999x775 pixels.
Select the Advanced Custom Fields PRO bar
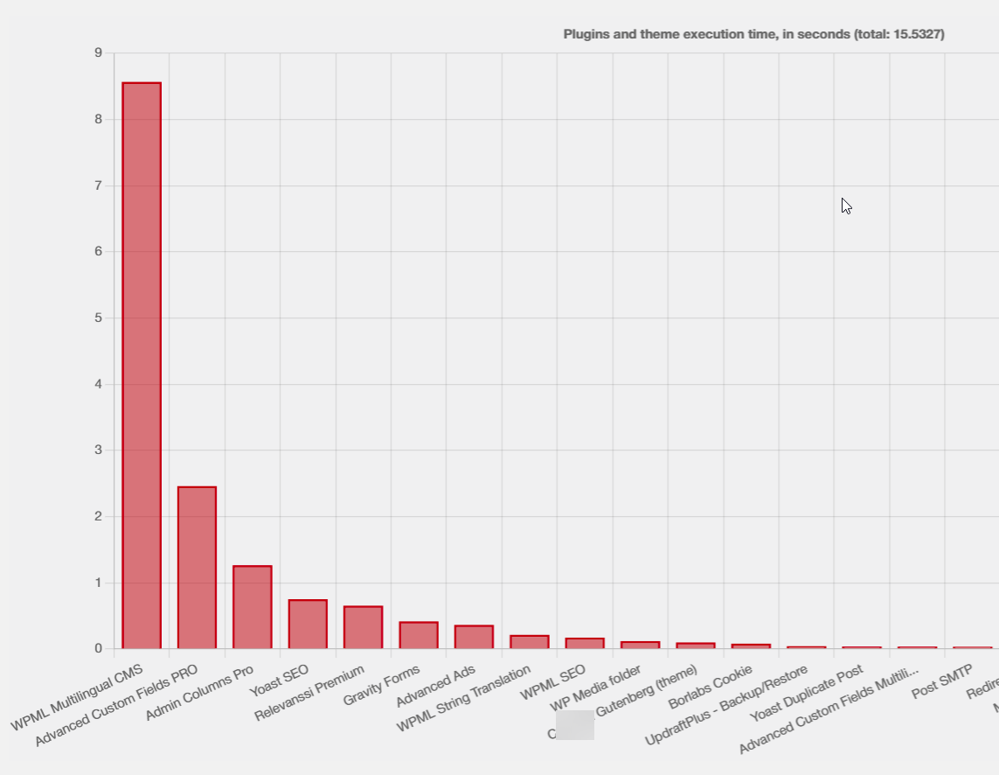[x=197, y=568]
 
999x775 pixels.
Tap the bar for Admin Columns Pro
[x=252, y=607]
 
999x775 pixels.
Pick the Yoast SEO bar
[x=308, y=624]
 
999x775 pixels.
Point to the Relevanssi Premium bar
[x=363, y=627]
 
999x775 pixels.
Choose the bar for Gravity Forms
[x=418, y=635]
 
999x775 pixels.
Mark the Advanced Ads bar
[x=474, y=637]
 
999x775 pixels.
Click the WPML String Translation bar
[x=529, y=642]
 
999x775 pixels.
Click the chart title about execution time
[x=753, y=34]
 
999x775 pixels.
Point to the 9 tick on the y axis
[x=98, y=53]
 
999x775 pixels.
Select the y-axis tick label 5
[x=98, y=318]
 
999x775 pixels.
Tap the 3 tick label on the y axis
[x=98, y=450]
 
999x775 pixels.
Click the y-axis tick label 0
[x=98, y=648]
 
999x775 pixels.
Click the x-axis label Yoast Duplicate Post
[x=806, y=696]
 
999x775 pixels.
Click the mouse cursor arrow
[x=845, y=206]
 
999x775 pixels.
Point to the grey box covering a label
[x=575, y=725]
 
